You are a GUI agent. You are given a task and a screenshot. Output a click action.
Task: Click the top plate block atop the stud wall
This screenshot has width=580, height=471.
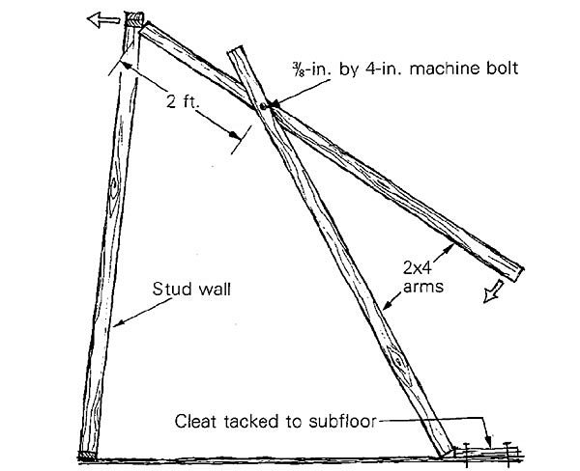[132, 18]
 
